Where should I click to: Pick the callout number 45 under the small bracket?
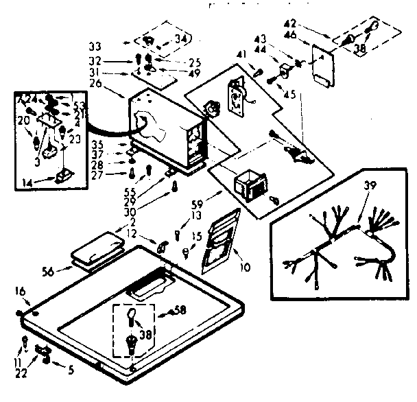pos(289,95)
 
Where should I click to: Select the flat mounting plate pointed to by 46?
pos(322,64)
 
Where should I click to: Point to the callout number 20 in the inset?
pos(23,121)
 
